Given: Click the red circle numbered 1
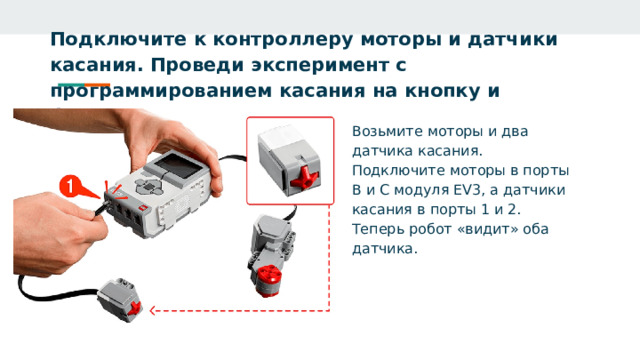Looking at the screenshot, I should pyautogui.click(x=70, y=185).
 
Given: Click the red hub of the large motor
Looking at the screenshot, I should pyautogui.click(x=266, y=276).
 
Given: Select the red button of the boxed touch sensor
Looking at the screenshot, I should pyautogui.click(x=303, y=179).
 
